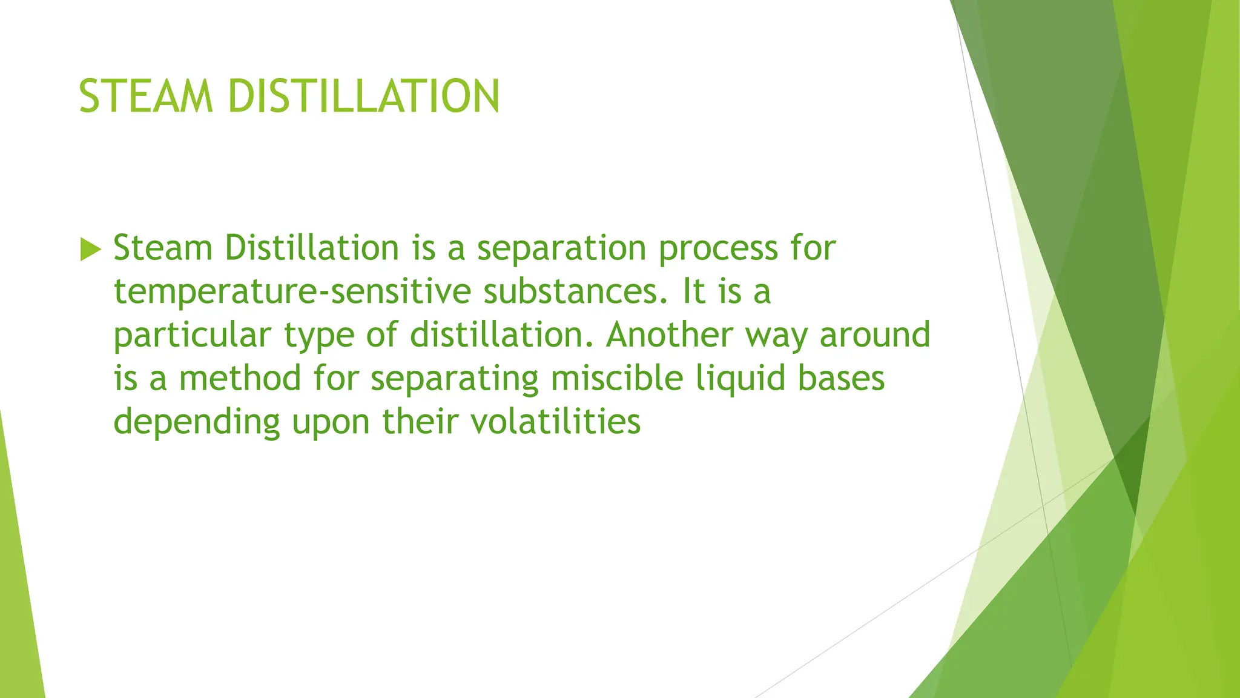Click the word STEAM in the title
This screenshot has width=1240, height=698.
(x=146, y=96)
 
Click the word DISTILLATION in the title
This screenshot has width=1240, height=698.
(x=364, y=96)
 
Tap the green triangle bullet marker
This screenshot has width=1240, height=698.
(x=90, y=250)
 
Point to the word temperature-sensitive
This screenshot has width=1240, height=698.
(x=292, y=292)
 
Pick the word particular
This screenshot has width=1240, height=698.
(x=192, y=336)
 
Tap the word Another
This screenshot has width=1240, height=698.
(x=669, y=335)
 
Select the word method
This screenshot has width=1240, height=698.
(x=240, y=379)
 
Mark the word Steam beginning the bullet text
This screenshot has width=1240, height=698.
(x=162, y=249)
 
